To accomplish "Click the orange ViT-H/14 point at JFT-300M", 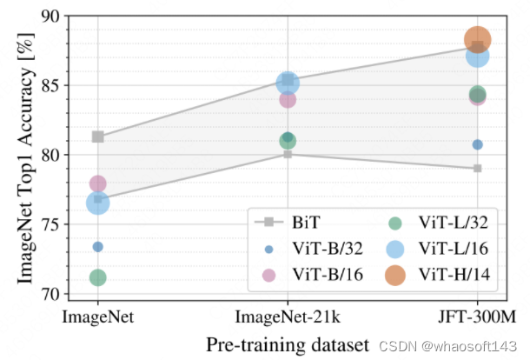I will point(478,39).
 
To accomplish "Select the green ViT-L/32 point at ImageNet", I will point(97,277).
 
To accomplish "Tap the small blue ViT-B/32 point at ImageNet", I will point(97,247).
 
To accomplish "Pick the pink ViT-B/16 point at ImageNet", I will point(97,183).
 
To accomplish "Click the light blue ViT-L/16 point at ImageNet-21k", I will point(288,83).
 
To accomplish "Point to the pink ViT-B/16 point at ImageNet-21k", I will point(288,99).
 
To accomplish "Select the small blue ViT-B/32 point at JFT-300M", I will point(477,144).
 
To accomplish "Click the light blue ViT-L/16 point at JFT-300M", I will point(477,56).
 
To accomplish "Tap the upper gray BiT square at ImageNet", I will point(97,137).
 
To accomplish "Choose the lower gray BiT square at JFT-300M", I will point(477,168).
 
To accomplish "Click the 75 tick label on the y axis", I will point(51,224).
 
